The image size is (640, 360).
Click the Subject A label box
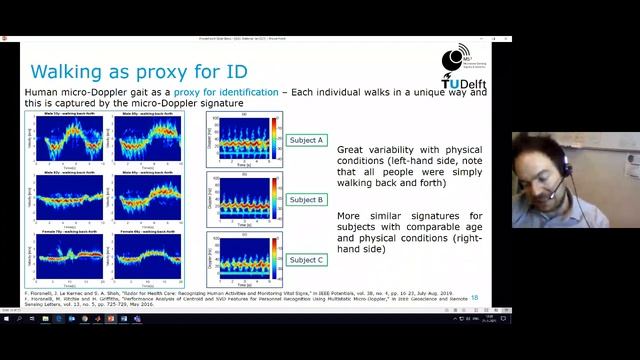[x=306, y=140]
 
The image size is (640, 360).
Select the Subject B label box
[x=306, y=200]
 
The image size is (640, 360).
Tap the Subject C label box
[x=306, y=260]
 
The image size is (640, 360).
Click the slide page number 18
[x=474, y=297]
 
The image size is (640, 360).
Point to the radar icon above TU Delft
[x=463, y=56]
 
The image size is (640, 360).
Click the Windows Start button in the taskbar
[x=6, y=319]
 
